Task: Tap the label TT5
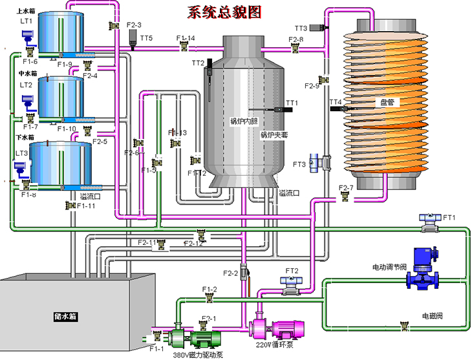pos(146,39)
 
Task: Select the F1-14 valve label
pos(186,39)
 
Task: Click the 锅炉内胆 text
pos(244,121)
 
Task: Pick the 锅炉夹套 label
pos(274,135)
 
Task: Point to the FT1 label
pos(449,218)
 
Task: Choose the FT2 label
pos(292,271)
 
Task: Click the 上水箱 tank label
pos(26,10)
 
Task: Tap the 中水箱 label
pos(26,74)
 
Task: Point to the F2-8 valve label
pos(296,39)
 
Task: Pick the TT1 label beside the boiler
pos(292,103)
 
